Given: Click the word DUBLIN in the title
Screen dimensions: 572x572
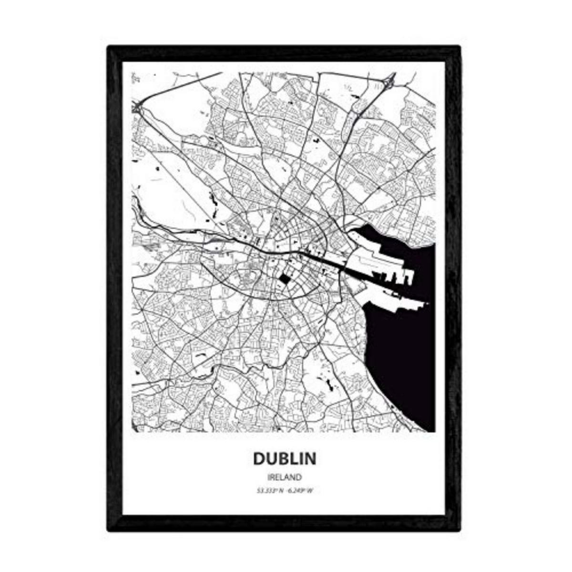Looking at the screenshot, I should point(284,458).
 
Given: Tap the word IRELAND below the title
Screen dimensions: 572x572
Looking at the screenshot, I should point(284,477).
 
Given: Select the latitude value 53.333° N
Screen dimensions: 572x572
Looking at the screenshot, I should point(269,491).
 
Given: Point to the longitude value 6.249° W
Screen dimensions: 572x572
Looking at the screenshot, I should point(300,491).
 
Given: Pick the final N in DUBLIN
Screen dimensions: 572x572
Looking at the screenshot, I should point(310,458).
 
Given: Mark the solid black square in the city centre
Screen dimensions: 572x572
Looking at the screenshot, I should point(284,279).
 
